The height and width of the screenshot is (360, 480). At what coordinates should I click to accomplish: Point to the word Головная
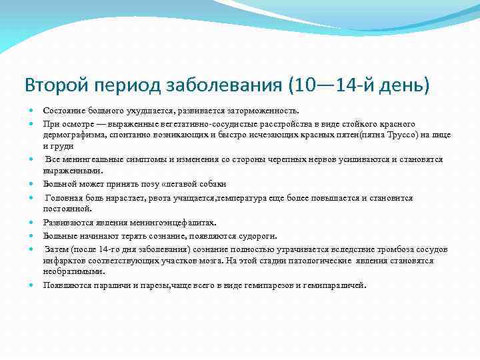coord(65,198)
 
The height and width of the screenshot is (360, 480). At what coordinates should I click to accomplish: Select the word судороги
coord(253,235)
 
